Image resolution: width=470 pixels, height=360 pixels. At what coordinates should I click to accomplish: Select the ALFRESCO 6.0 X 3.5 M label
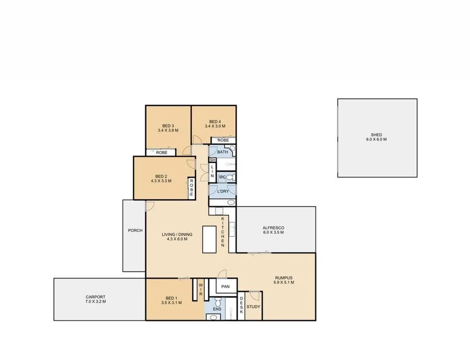tap(274, 230)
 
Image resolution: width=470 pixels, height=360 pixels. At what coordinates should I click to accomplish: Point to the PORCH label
tap(134, 230)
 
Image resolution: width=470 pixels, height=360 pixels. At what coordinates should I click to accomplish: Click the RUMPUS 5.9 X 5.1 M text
tap(284, 280)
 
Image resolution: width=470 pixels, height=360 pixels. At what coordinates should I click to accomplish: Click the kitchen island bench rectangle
tap(209, 239)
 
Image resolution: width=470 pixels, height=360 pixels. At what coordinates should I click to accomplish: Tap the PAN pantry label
tap(226, 286)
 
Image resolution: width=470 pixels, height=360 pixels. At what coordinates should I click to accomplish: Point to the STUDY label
tap(254, 307)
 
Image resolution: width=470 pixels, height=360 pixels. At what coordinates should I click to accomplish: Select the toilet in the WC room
tap(231, 177)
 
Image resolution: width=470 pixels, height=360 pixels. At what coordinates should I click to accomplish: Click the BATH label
tap(222, 152)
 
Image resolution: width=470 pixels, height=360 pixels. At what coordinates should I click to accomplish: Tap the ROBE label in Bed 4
tap(223, 140)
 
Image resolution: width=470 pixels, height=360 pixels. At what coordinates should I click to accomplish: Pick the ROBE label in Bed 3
tap(161, 152)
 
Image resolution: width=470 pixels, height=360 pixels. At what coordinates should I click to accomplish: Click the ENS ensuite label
tap(217, 309)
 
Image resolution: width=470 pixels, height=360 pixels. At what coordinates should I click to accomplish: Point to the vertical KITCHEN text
tap(222, 232)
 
